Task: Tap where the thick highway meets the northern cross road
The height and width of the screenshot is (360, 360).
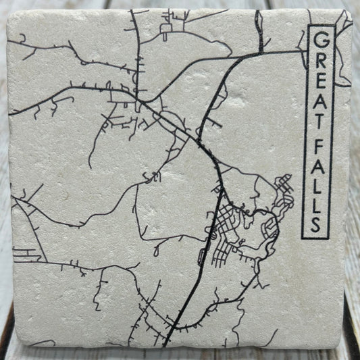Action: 259,53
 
